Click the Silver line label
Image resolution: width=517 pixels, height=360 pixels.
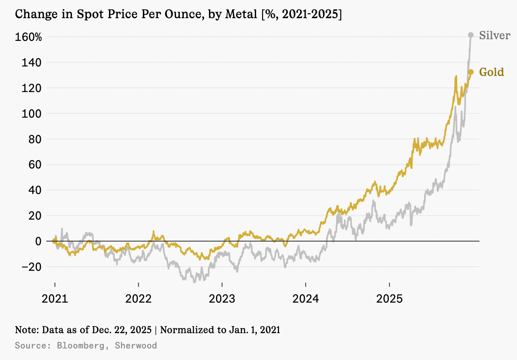click(x=495, y=36)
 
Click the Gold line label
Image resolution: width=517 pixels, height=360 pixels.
click(x=491, y=73)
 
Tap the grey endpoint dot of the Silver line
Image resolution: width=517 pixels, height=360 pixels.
click(x=471, y=35)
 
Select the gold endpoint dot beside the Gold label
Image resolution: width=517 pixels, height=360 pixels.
click(x=471, y=72)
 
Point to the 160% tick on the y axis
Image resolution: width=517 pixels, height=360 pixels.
click(x=28, y=37)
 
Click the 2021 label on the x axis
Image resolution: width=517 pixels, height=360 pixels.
click(x=55, y=298)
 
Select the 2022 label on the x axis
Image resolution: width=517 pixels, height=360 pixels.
click(x=138, y=298)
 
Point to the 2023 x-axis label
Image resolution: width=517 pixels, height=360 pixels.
click(x=222, y=298)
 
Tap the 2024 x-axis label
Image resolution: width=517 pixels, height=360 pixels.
click(x=306, y=298)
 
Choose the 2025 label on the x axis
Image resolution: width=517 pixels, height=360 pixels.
click(x=389, y=298)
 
